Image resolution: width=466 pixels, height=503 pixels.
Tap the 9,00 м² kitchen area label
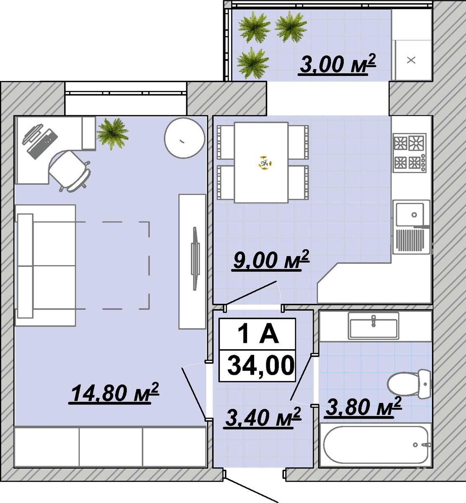point(271,260)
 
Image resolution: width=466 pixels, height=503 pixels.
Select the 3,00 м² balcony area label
point(337,64)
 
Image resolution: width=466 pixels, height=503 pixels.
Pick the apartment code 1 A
point(258,334)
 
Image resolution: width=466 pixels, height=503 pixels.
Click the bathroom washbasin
point(373,326)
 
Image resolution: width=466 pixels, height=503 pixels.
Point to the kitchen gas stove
point(409,153)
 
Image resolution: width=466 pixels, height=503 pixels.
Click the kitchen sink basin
point(410,214)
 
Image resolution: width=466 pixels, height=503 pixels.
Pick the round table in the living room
point(184,138)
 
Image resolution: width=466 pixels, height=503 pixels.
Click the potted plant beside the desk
point(113,134)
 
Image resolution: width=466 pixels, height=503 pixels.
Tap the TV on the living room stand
point(195,258)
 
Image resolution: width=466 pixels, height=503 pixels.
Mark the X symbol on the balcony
point(411,60)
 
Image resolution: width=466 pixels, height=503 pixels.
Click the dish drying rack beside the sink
point(410,240)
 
